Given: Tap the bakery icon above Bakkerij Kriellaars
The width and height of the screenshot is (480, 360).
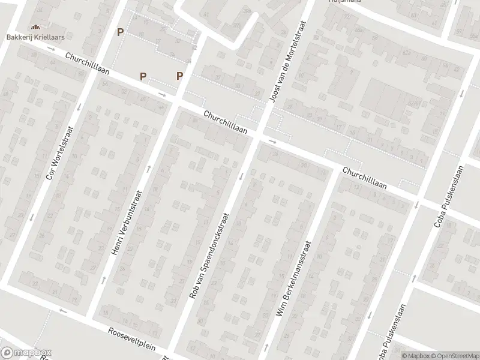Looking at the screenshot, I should pyautogui.click(x=35, y=27).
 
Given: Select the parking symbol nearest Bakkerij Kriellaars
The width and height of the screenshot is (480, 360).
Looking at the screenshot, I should pyautogui.click(x=121, y=32).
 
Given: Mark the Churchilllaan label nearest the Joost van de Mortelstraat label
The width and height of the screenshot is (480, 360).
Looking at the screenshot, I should pyautogui.click(x=226, y=121).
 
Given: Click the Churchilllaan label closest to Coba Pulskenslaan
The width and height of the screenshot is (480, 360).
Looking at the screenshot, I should pyautogui.click(x=365, y=179).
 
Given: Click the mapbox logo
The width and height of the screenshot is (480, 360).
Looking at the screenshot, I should pyautogui.click(x=26, y=352).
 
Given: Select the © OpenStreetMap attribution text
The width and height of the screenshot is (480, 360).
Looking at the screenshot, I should pyautogui.click(x=454, y=356).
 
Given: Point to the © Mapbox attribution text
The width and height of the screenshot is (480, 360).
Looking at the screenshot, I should pyautogui.click(x=416, y=356).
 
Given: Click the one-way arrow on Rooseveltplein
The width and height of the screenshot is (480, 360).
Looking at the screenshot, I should pyautogui.click(x=62, y=311).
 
